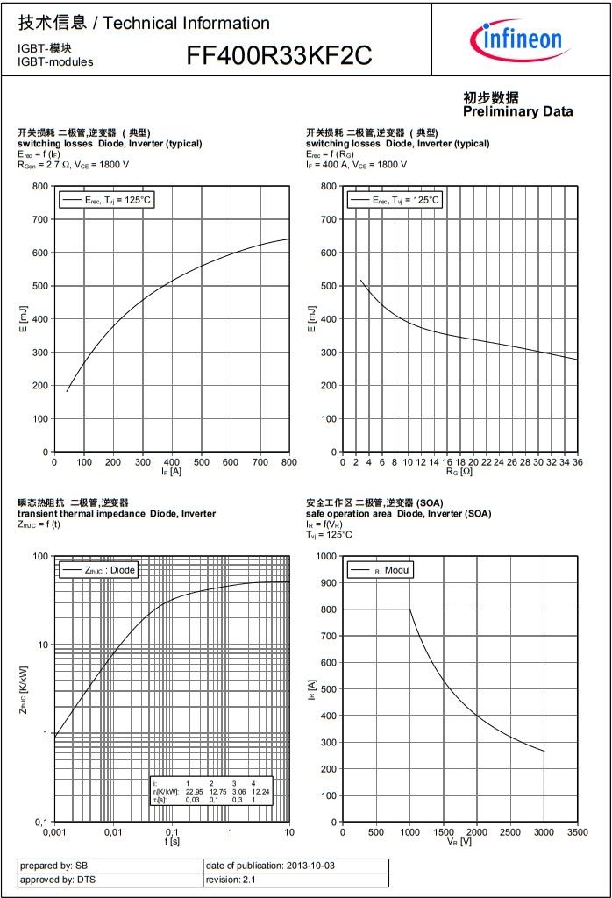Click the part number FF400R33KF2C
click(x=279, y=56)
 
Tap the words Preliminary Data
click(x=517, y=111)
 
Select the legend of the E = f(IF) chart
click(x=107, y=200)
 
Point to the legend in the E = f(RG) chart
click(x=395, y=200)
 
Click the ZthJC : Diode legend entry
click(x=99, y=570)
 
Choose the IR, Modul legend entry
click(x=381, y=570)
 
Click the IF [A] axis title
click(x=172, y=472)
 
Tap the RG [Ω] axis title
click(x=459, y=472)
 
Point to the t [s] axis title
click(x=172, y=841)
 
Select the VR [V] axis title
click(x=459, y=841)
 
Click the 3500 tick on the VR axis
click(x=577, y=831)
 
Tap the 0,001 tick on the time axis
click(x=54, y=831)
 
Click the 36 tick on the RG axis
click(x=577, y=461)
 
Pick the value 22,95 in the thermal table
click(x=194, y=791)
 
